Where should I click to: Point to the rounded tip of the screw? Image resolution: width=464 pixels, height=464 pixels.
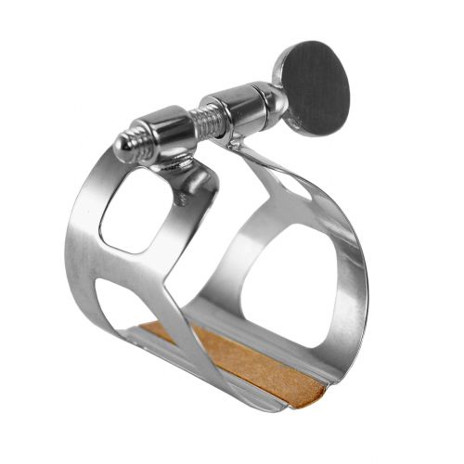pos(122,146)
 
